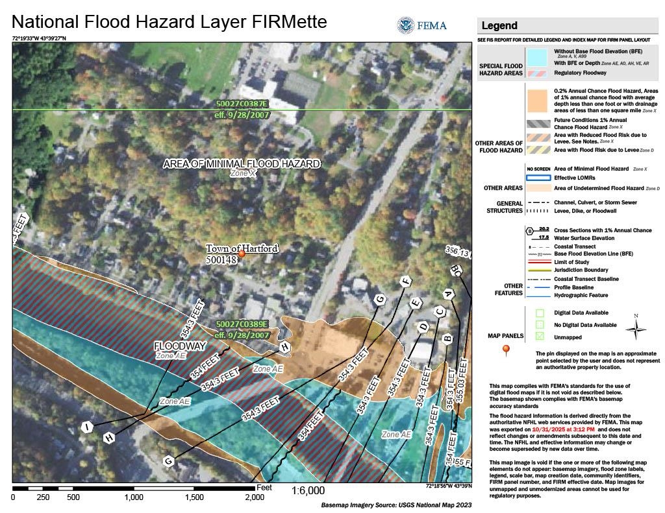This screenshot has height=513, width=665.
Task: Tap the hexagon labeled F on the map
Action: (407, 281)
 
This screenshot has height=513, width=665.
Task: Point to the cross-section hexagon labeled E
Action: (415, 302)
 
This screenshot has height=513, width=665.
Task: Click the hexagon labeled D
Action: (423, 328)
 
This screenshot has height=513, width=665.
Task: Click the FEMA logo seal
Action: (406, 25)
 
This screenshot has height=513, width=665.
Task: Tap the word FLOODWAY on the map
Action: (179, 346)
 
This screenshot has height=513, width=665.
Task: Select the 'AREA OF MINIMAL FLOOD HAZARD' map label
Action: (242, 163)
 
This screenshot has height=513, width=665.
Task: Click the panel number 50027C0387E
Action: (242, 104)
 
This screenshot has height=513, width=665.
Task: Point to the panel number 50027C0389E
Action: (242, 324)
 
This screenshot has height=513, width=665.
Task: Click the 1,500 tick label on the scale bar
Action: (194, 497)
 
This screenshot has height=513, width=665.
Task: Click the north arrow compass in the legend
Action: (635, 328)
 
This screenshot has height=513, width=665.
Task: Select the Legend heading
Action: (499, 26)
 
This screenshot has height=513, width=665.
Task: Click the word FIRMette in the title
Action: (284, 22)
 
